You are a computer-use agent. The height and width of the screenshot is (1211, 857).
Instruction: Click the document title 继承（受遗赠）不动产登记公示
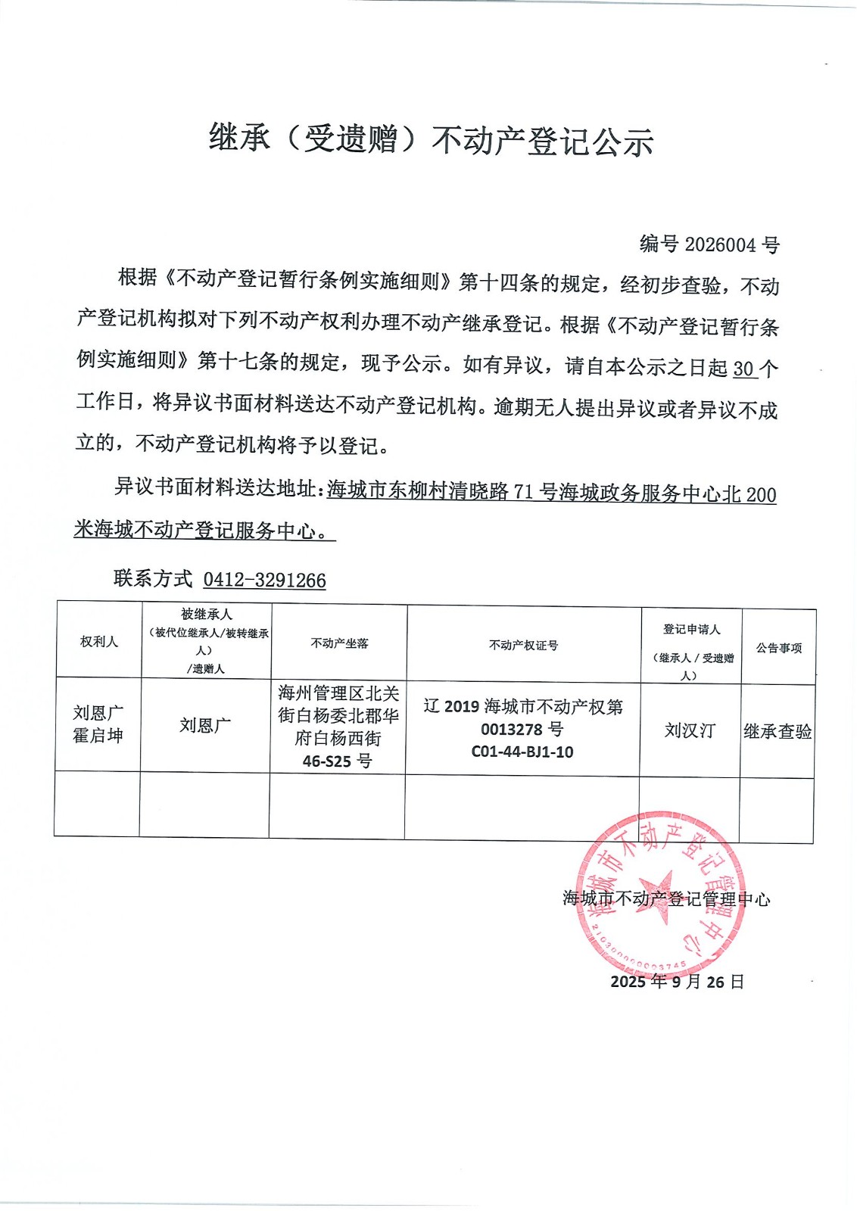coord(431,141)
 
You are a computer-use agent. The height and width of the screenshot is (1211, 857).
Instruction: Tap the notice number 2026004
coord(720,244)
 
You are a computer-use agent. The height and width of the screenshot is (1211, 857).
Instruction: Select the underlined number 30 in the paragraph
coord(743,369)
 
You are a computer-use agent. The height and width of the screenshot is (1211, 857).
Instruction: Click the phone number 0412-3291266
coord(264,581)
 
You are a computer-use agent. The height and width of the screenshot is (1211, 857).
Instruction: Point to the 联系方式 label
coord(153,579)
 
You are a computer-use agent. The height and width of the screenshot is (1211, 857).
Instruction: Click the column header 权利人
coord(99,642)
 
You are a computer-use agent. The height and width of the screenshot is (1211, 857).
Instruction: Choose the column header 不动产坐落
coord(339,643)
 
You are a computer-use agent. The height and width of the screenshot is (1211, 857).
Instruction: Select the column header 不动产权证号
coord(523,646)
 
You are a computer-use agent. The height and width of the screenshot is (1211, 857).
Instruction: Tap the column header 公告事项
coord(778,648)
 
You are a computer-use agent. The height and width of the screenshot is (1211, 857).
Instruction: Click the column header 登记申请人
coord(691,630)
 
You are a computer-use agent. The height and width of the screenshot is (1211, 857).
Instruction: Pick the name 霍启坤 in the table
coord(98,736)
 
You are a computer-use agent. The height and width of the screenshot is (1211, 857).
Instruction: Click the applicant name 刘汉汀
coord(690,730)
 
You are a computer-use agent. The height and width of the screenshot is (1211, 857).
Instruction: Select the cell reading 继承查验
coord(778,732)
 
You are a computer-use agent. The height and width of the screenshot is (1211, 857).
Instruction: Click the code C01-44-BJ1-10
coord(522,752)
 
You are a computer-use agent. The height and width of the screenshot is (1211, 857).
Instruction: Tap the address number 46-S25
coord(327,761)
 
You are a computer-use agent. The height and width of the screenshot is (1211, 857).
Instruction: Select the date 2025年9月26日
coord(678,982)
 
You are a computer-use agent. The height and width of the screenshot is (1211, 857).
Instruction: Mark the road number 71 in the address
coord(524,493)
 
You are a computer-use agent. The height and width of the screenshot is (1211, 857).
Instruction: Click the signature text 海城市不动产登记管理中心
coord(666,899)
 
